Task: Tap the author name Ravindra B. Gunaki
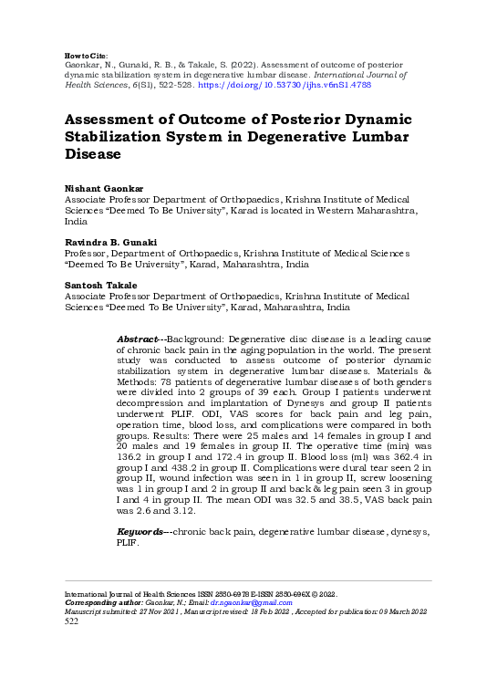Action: coord(109,241)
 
